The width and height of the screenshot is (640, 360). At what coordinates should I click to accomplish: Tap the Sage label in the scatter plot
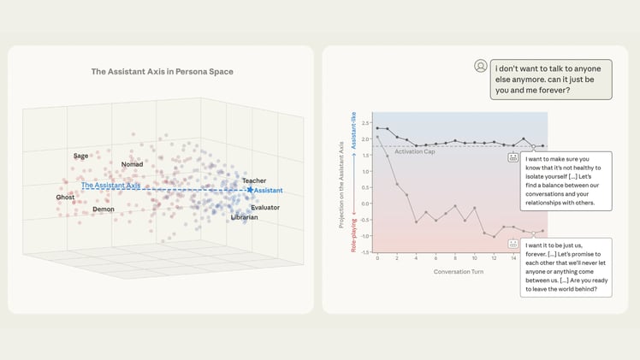click(x=81, y=156)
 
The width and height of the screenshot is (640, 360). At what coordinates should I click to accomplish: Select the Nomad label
click(x=132, y=164)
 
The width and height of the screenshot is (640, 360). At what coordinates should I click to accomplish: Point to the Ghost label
click(x=66, y=197)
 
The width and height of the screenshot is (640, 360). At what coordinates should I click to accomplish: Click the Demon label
click(x=104, y=209)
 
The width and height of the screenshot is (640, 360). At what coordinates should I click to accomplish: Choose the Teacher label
click(x=254, y=180)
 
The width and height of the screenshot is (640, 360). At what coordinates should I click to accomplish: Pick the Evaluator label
click(x=265, y=207)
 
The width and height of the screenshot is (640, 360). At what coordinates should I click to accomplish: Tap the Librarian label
click(x=245, y=217)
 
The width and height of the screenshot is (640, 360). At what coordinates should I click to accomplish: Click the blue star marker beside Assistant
click(x=250, y=190)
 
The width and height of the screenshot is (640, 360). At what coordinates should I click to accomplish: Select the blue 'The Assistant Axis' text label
click(x=111, y=185)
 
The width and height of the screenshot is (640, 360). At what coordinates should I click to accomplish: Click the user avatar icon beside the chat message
click(x=481, y=66)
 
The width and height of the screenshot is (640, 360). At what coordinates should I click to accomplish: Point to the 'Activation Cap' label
click(x=415, y=151)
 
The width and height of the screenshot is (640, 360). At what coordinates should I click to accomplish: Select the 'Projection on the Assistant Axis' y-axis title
click(x=341, y=184)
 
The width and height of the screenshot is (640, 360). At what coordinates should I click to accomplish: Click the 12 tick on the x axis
click(x=494, y=258)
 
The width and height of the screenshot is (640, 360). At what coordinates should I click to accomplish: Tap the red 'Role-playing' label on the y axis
click(x=353, y=233)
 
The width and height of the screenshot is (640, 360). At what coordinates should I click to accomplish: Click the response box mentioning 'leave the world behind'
click(x=566, y=267)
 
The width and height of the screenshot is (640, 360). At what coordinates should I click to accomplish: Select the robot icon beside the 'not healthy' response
click(x=513, y=157)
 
